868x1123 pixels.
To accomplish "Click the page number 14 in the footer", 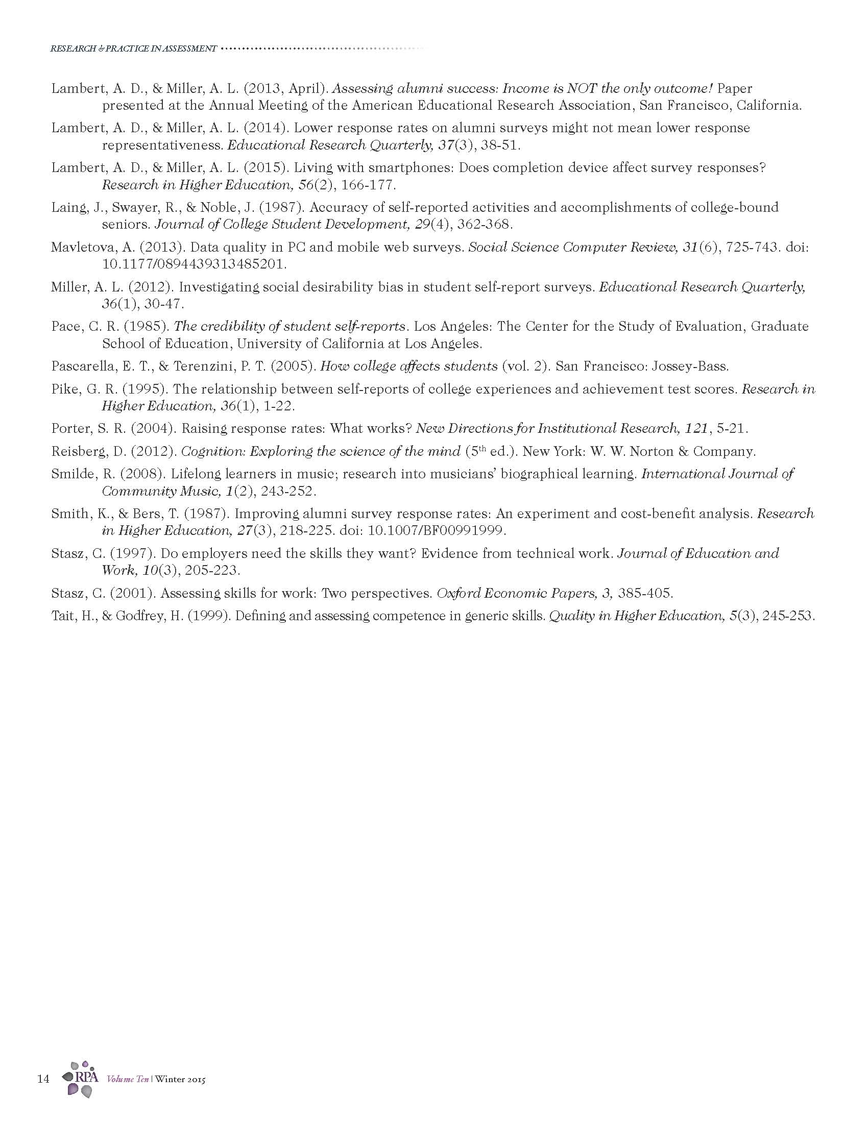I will click(x=43, y=1078).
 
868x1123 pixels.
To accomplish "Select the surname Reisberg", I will click(x=74, y=451).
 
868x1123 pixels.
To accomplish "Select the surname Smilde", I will click(x=71, y=474).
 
